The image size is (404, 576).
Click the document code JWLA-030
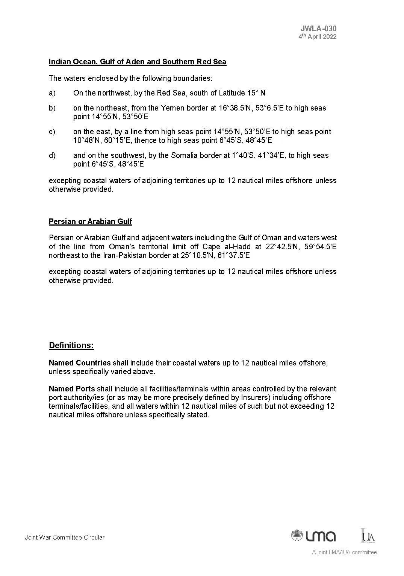[318, 29]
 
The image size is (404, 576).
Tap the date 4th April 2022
[317, 36]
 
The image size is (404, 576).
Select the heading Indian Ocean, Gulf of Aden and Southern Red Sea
[138, 62]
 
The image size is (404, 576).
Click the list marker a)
[52, 93]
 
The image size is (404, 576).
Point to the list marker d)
[52, 155]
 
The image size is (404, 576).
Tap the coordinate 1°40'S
[244, 155]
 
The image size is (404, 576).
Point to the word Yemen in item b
[171, 108]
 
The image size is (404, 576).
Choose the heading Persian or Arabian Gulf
[90, 221]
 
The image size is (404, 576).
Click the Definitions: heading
[71, 345]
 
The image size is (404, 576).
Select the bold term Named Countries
[80, 363]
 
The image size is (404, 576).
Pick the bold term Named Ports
[72, 389]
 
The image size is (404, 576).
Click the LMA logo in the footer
[313, 535]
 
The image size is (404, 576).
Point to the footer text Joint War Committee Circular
[65, 537]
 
